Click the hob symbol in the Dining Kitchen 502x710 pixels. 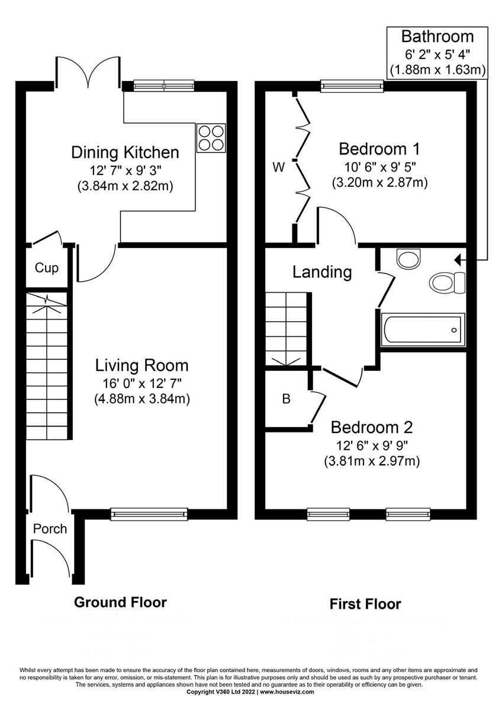pos(211,137)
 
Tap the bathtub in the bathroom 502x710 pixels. pos(423,330)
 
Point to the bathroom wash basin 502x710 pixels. pos(408,259)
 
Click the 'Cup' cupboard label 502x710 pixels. pos(47,268)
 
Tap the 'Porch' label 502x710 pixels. pos(50,528)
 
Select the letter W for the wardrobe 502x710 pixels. pos(278,167)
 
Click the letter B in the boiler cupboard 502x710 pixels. pos(286,399)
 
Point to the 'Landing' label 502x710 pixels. pos(322,272)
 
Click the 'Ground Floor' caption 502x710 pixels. pos(120,602)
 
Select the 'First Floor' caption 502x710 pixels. pos(365,604)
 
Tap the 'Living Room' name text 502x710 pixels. pos(142,365)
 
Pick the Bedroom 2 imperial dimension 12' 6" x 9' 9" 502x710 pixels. pos(372,445)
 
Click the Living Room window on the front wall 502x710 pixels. pos(149,514)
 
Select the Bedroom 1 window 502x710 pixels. pos(352,86)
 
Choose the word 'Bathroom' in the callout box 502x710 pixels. pos(437,37)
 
